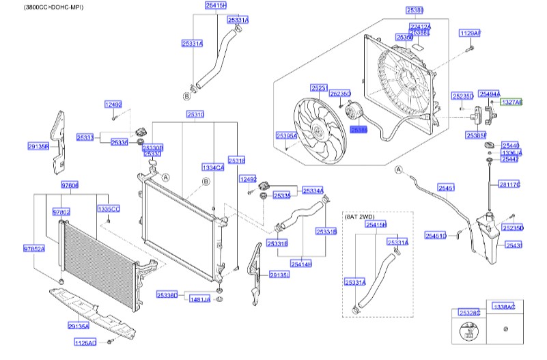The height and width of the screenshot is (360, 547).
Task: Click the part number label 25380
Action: pos(415,11)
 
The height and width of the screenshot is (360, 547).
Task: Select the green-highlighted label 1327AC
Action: pos(511,102)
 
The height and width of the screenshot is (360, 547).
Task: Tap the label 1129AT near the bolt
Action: pos(470,33)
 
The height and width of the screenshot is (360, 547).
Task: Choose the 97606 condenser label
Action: pos(70,185)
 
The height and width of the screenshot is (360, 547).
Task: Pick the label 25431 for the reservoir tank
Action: pos(514,245)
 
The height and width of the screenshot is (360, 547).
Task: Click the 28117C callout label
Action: pos(509,184)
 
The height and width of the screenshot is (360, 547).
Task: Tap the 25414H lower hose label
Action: pos(301,264)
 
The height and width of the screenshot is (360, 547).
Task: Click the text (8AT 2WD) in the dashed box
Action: pos(361,216)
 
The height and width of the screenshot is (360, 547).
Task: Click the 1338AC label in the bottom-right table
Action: pos(504,307)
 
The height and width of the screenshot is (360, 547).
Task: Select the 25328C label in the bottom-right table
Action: pos(470,312)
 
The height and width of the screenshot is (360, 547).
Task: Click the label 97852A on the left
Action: pos(33,249)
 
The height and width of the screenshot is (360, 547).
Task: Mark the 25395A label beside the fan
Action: pos(286,136)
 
